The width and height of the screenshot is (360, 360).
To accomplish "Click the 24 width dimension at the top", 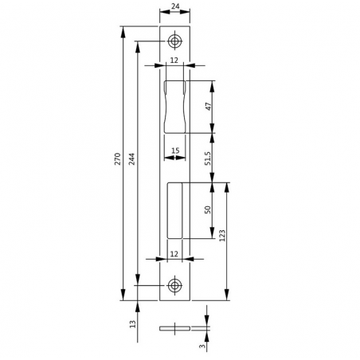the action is pos(175,6).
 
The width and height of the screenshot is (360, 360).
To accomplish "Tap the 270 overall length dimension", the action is pos(118,158).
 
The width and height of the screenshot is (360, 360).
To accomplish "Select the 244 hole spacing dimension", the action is pos(131,158).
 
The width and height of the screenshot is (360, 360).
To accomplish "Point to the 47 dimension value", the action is pos(209,107).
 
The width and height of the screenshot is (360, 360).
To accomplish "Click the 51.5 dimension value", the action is pos(208,158).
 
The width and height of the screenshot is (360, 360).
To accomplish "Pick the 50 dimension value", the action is pos(208,209).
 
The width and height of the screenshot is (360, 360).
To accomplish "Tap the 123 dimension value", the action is pos(222,235).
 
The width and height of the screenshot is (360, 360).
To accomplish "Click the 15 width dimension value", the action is pos(175,151).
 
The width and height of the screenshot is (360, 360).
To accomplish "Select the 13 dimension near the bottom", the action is pos(132,323).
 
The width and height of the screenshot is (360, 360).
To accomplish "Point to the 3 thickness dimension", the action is pos(202,346).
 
